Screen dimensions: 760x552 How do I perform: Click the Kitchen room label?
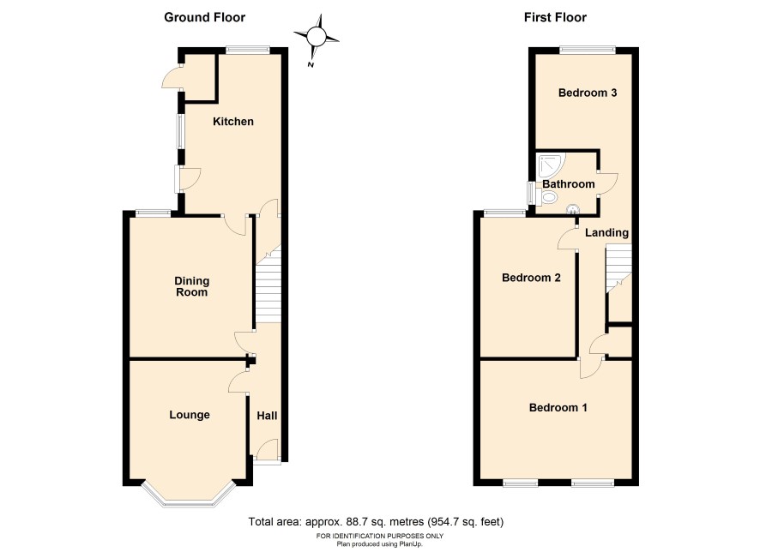pos(233,122)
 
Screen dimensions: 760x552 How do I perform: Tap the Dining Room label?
pos(192,286)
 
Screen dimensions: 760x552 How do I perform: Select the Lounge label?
pos(190,415)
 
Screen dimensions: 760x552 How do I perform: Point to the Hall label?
pos(267,416)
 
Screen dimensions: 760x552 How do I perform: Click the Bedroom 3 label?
pos(588,93)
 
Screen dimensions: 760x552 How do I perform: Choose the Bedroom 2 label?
pos(531,278)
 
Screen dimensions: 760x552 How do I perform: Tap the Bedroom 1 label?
pos(558,408)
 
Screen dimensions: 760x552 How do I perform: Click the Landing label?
pos(606,233)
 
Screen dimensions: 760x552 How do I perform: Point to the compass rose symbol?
pos(316,37)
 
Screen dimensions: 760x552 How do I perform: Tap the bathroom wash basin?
pos(573,209)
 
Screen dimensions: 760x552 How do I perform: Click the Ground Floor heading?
pos(204,17)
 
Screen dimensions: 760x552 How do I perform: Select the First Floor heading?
pos(555,17)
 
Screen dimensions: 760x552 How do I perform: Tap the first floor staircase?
pos(618,267)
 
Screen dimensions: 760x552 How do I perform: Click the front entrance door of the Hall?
pos(267,450)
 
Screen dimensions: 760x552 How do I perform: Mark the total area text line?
pos(376,522)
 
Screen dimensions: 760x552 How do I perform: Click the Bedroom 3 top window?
pos(588,49)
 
